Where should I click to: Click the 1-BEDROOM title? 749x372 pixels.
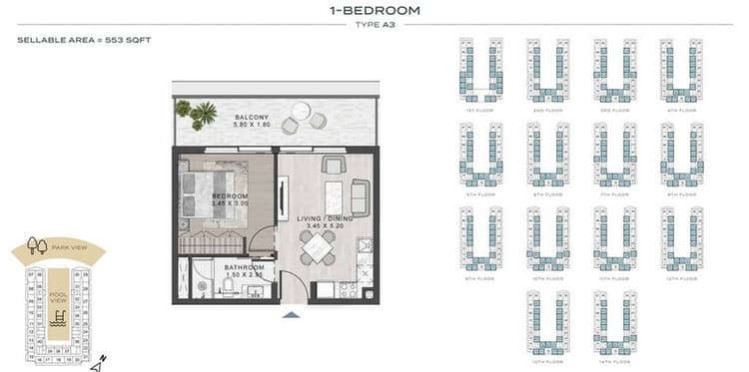click(374, 11)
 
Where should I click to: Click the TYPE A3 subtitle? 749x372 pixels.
click(374, 25)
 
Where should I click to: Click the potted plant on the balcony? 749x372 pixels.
click(203, 114)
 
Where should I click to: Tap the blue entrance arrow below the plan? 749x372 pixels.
click(291, 314)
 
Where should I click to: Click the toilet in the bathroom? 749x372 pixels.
click(228, 286)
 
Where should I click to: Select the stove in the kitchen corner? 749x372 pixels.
click(349, 290)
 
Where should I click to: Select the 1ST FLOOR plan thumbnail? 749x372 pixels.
click(480, 70)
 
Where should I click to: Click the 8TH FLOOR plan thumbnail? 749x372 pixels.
click(682, 154)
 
